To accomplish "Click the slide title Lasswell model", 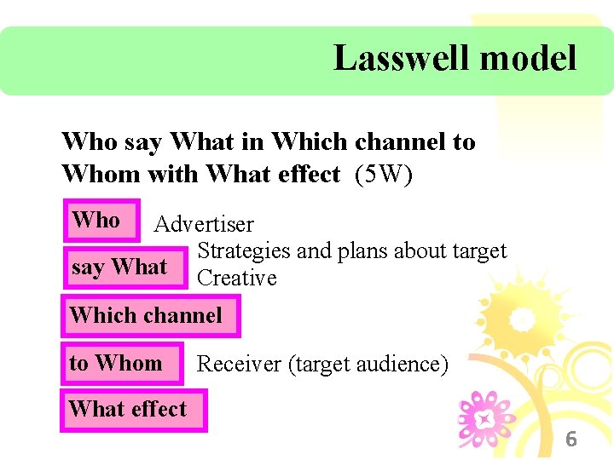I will (x=455, y=59).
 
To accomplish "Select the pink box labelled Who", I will (x=101, y=220).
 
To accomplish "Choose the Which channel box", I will (x=150, y=315).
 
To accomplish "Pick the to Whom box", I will (x=120, y=363).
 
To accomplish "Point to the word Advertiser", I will (x=204, y=225).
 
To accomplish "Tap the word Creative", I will (x=237, y=278).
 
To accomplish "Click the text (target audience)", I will (x=368, y=365).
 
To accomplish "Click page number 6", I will (x=571, y=440).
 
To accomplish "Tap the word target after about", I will (x=479, y=251).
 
